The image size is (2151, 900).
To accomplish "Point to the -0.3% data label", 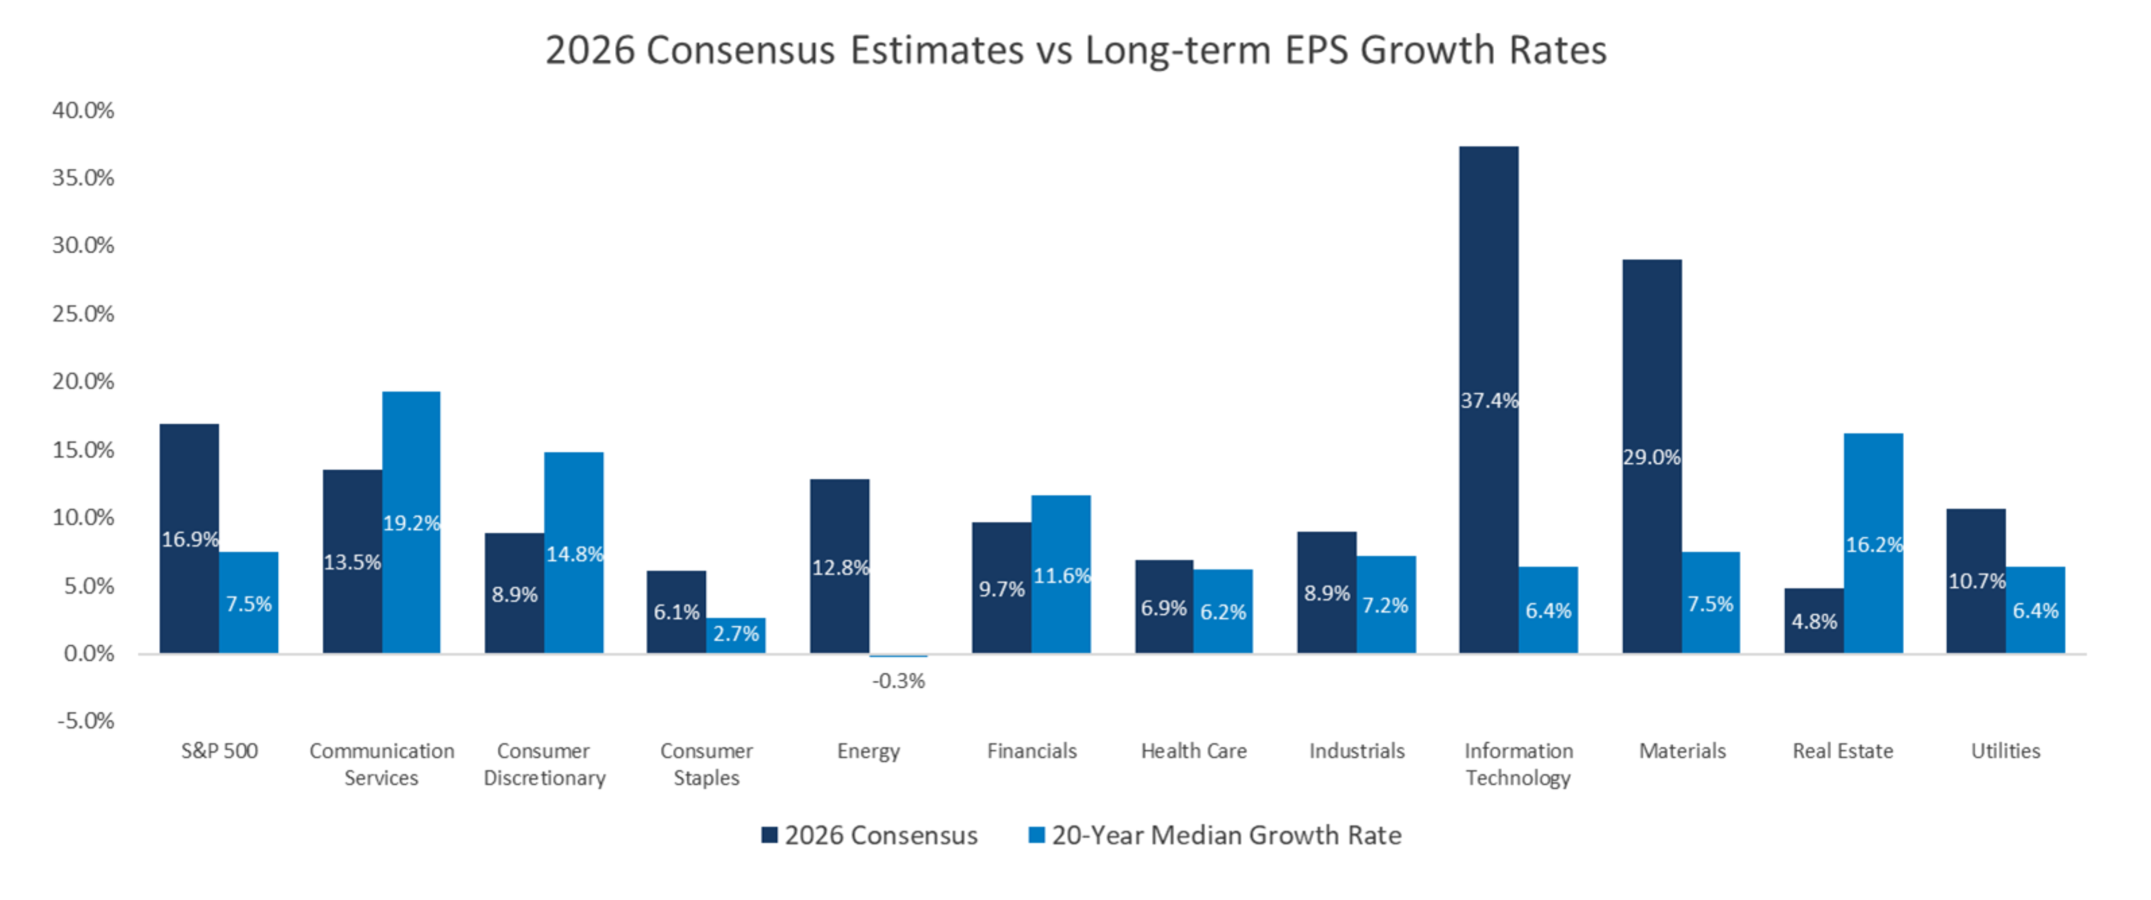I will (x=898, y=681).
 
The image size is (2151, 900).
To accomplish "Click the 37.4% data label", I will (x=1489, y=401).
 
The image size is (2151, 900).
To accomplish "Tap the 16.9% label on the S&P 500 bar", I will (x=190, y=539).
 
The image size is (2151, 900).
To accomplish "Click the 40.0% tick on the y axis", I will (x=82, y=110).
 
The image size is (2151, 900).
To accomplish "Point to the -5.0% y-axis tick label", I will (x=85, y=721).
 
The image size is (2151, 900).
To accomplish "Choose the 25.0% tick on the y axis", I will (x=82, y=314).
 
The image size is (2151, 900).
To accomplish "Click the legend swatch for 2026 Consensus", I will (x=769, y=835).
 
